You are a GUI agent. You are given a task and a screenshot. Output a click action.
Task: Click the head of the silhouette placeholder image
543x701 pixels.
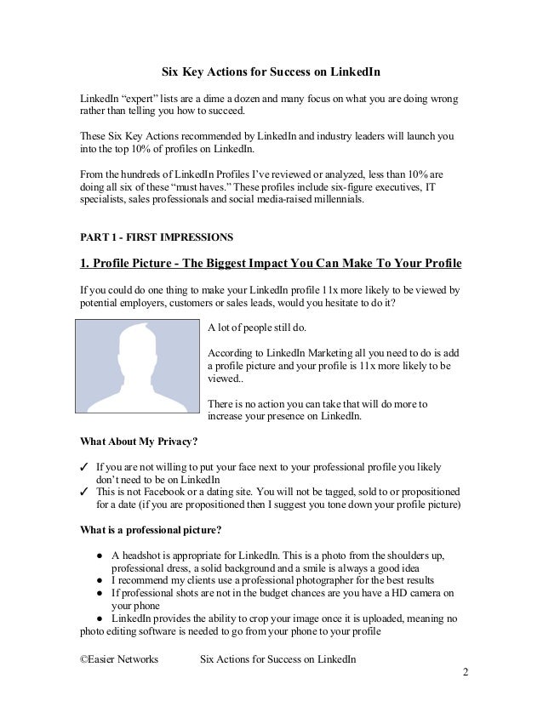[x=136, y=349]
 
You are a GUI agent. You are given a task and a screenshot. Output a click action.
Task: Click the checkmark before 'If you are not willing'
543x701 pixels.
[x=84, y=467]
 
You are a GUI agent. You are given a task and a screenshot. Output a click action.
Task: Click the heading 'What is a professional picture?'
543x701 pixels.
[x=150, y=531]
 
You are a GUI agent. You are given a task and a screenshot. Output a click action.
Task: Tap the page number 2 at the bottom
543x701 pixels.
[x=466, y=672]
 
